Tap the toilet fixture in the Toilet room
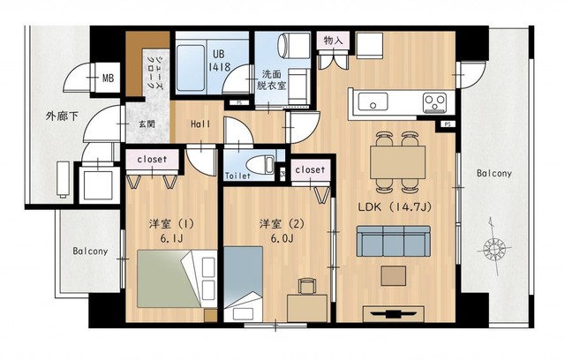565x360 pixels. (259, 163)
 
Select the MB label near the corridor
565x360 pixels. (109, 79)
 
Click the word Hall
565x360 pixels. (200, 124)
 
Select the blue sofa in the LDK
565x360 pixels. (392, 239)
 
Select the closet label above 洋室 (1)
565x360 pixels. (157, 159)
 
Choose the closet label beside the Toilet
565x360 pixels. (309, 169)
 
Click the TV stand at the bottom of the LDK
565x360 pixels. (390, 312)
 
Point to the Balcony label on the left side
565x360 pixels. (89, 251)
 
